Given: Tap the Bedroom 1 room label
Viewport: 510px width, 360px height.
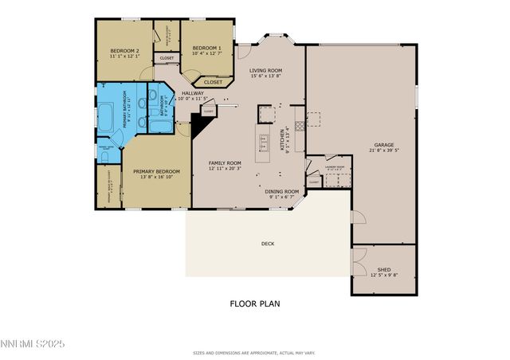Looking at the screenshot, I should coord(206,48).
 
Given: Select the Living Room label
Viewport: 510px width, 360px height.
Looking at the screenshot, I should coord(266,70).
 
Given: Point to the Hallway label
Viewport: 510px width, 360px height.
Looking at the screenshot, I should coord(192,93).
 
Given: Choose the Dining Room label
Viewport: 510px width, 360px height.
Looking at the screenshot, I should coord(282,191).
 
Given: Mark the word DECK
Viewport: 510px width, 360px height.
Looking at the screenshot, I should coord(267,244).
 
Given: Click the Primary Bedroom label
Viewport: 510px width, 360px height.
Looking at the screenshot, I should coord(156,171).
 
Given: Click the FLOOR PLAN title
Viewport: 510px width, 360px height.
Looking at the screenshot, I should coord(254,303).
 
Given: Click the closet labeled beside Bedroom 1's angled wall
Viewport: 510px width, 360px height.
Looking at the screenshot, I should coord(213,82).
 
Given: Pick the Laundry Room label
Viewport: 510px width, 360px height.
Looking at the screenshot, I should coord(335,167).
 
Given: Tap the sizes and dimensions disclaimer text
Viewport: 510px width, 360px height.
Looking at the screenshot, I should coord(254,352).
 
